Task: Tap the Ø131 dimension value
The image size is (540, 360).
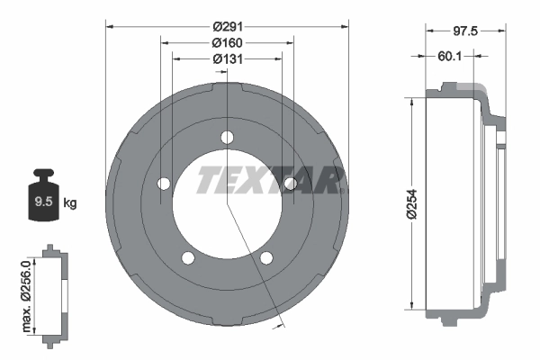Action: point(227,58)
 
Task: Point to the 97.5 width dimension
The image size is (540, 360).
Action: point(464,31)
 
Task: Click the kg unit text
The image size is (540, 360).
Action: point(70,202)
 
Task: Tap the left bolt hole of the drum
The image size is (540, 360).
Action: point(164,184)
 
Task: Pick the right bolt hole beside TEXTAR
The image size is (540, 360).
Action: point(290,184)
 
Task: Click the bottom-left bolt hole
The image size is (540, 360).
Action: point(188,258)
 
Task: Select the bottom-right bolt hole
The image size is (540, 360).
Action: point(266,258)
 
